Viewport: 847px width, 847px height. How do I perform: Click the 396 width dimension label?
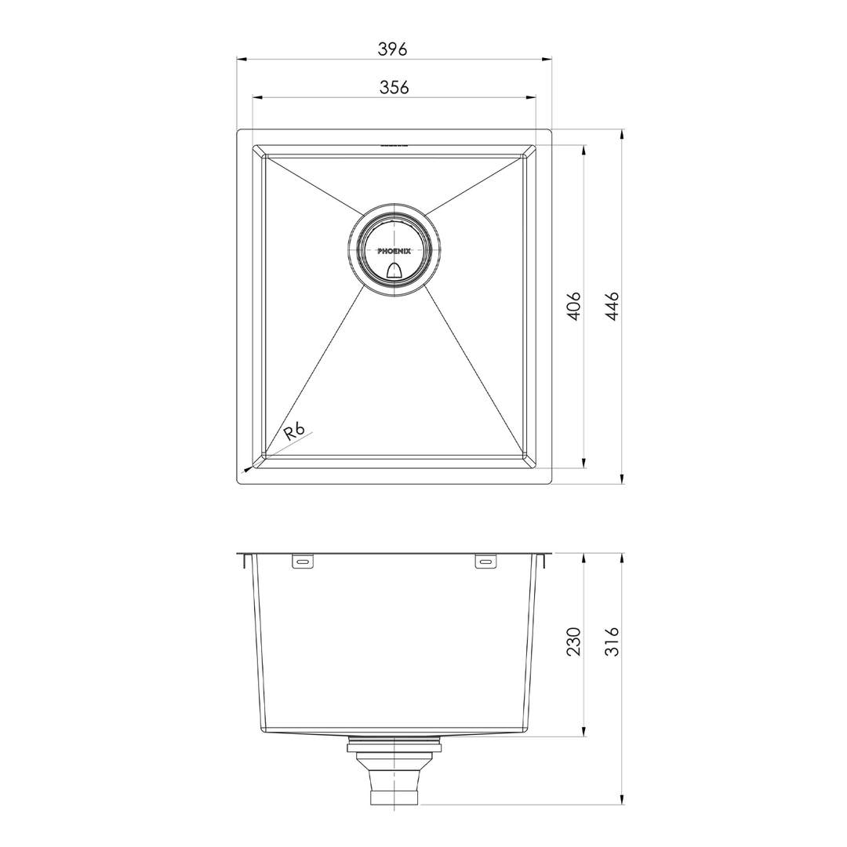[x=392, y=49]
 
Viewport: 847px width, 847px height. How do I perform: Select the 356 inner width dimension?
[x=394, y=88]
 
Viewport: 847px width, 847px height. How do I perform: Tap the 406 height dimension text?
[x=573, y=306]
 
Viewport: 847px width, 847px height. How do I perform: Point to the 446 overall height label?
[x=612, y=306]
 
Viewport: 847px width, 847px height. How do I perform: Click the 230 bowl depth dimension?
[x=573, y=642]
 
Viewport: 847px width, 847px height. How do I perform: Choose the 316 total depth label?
[x=612, y=642]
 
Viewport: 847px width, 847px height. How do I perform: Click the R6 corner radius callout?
[x=294, y=431]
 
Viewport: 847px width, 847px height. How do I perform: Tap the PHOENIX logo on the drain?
[x=394, y=251]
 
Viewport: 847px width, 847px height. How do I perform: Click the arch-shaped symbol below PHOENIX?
[x=394, y=271]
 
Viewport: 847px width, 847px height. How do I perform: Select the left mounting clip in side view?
[x=303, y=562]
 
